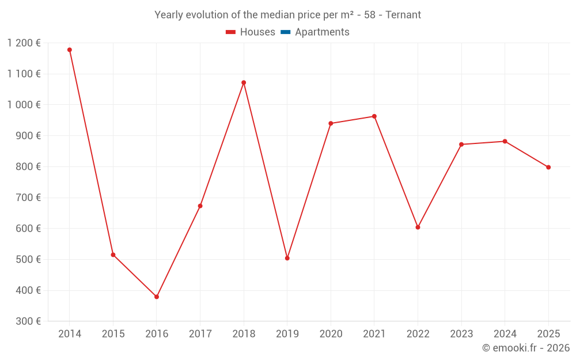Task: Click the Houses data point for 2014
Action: (70, 50)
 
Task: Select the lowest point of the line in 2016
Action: (157, 297)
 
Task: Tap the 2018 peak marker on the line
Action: (244, 82)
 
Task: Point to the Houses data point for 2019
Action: (287, 258)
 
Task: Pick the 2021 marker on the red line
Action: (374, 116)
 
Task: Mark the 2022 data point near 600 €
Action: (418, 227)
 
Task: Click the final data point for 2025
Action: (548, 167)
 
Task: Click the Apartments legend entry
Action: (322, 32)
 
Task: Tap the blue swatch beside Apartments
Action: (285, 32)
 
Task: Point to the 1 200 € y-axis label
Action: (24, 43)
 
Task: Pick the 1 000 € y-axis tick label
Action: (24, 104)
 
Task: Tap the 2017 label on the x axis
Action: (200, 334)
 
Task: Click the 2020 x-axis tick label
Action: (331, 334)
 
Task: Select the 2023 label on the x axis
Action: (461, 334)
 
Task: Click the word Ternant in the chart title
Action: (403, 15)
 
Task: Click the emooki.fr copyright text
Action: (525, 348)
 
